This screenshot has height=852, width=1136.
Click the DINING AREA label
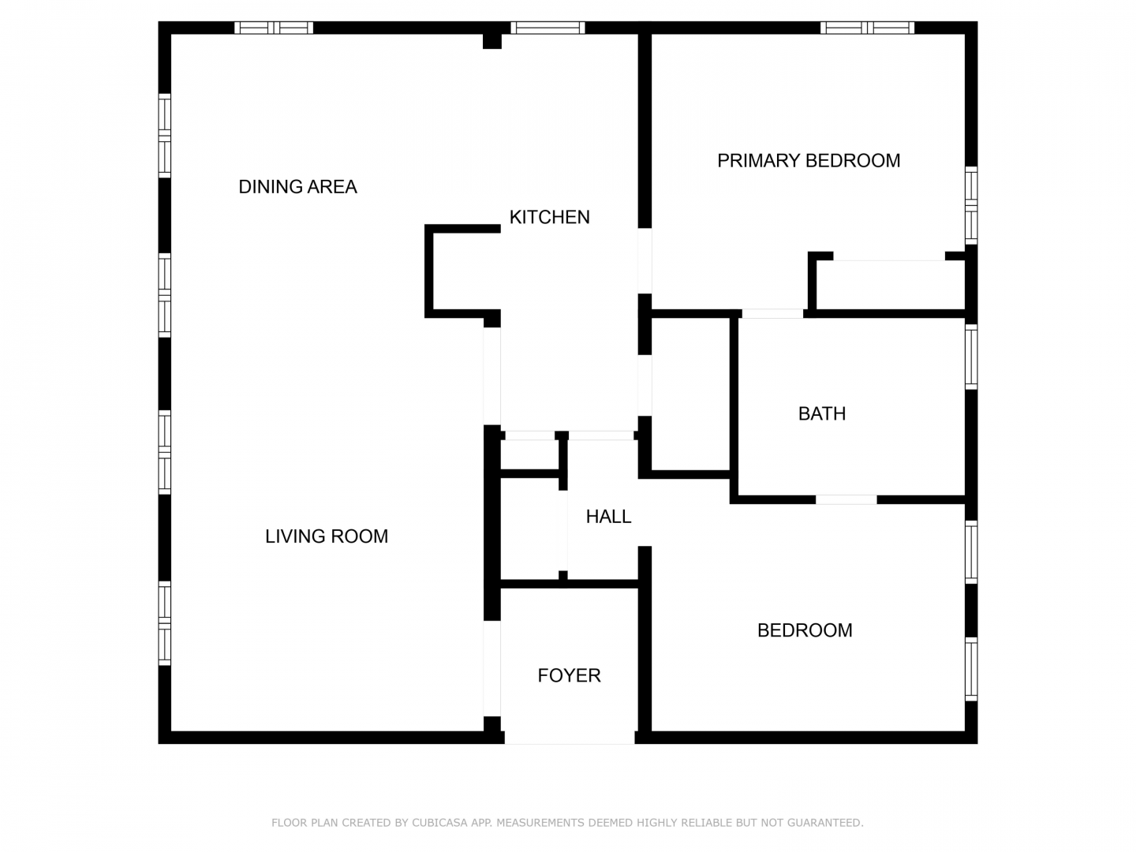tap(297, 187)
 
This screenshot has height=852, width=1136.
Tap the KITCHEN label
tap(549, 217)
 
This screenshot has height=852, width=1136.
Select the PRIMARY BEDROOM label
tap(809, 161)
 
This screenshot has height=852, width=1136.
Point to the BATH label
tap(822, 414)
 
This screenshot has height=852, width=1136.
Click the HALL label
tap(608, 517)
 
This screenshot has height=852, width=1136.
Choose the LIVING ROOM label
tap(327, 536)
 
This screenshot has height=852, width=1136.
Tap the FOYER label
tap(569, 675)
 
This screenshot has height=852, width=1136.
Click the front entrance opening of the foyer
tap(570, 738)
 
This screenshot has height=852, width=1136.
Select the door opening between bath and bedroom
tap(846, 499)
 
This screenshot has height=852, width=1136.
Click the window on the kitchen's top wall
tap(547, 28)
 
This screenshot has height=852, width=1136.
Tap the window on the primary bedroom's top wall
tap(867, 28)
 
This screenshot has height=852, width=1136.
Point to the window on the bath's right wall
tap(971, 357)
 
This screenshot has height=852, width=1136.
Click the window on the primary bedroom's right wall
tap(971, 205)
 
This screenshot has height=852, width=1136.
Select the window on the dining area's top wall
tap(274, 28)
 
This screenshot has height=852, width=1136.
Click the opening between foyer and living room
tap(491, 668)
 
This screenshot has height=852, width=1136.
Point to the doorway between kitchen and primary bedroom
tap(645, 260)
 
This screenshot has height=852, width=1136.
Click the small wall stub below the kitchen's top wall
tap(492, 41)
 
